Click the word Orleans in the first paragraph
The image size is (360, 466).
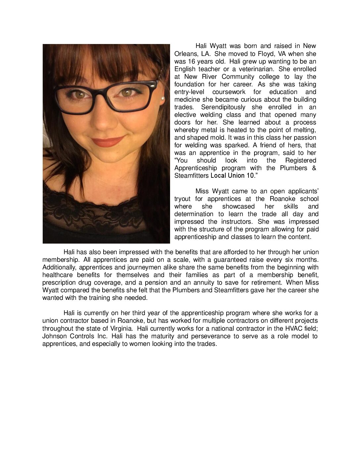tap(185, 54)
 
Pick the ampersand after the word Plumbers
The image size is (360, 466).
tap(314, 168)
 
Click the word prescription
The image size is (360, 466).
tap(59, 282)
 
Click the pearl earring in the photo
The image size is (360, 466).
tap(162, 98)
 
